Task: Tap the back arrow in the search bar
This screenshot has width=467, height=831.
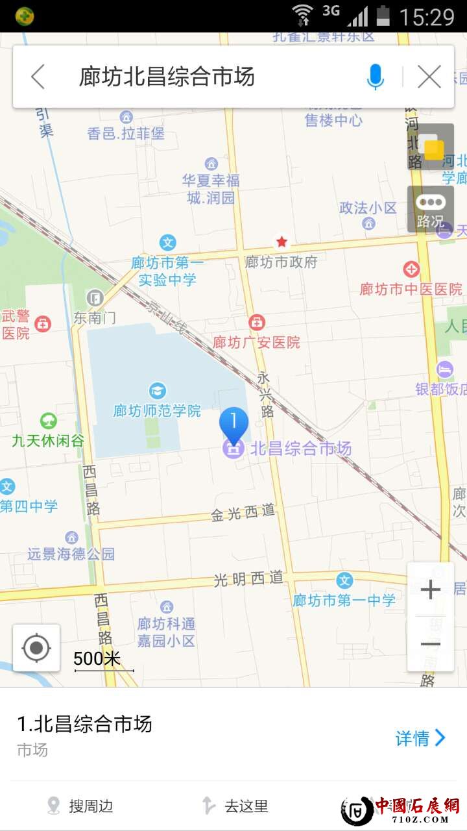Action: (38, 77)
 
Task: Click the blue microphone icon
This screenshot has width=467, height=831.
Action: (375, 77)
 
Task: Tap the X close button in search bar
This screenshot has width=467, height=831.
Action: (429, 77)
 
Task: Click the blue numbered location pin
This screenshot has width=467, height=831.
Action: (233, 423)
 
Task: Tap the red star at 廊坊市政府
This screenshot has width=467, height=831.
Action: (281, 242)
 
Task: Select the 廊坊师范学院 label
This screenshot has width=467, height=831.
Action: (157, 411)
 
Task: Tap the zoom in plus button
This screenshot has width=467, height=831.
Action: (430, 589)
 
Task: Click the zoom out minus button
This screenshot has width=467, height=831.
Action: (430, 644)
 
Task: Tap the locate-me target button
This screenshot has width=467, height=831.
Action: (36, 647)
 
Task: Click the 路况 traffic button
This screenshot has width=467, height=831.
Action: (430, 209)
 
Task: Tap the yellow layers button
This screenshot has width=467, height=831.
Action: (431, 147)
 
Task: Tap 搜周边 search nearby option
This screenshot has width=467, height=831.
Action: (80, 806)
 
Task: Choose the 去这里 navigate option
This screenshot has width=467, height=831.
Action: (235, 806)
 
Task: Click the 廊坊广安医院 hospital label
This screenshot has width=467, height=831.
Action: (257, 342)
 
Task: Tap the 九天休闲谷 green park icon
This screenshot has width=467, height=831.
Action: (48, 421)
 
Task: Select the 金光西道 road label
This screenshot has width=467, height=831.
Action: (243, 513)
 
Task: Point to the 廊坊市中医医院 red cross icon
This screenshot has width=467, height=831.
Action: (411, 269)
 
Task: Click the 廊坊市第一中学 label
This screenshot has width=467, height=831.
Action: (344, 601)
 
